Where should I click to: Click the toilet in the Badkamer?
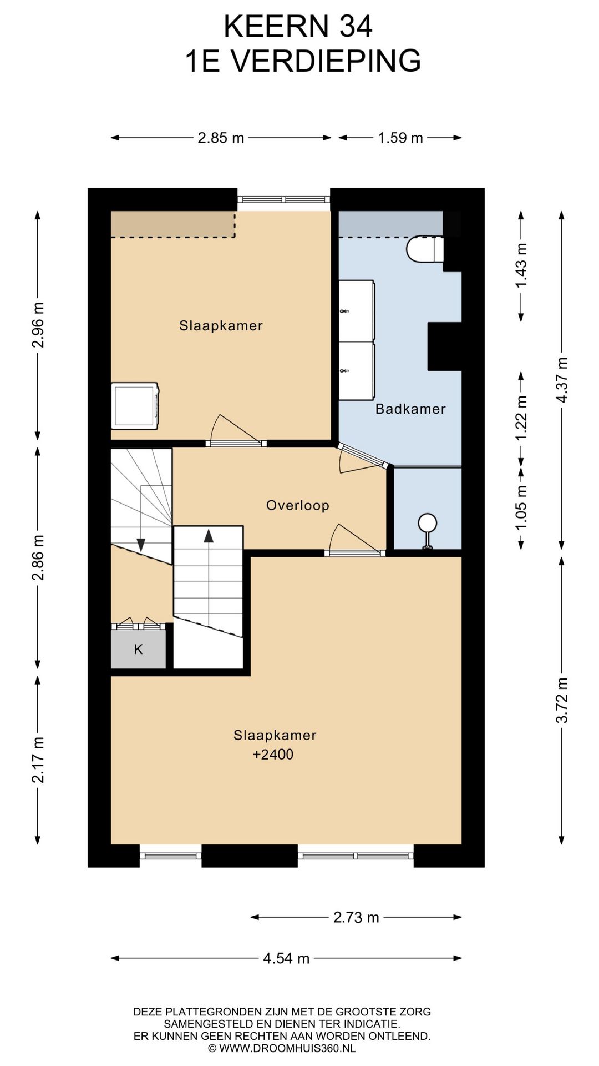[425, 249]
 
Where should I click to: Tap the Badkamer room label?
[410, 409]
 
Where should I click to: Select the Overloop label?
[298, 505]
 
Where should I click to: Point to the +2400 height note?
[273, 755]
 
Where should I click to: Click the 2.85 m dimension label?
[221, 138]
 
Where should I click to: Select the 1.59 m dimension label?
[400, 138]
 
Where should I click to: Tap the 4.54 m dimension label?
[286, 958]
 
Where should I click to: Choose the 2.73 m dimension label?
[356, 917]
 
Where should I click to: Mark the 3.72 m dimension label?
[562, 700]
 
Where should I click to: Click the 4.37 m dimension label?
[562, 380]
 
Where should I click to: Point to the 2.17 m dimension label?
[38, 759]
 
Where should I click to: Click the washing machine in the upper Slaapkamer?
[135, 406]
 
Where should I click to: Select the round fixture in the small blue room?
[428, 531]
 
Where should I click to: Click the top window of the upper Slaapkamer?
[284, 200]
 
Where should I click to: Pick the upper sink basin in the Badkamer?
[357, 311]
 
